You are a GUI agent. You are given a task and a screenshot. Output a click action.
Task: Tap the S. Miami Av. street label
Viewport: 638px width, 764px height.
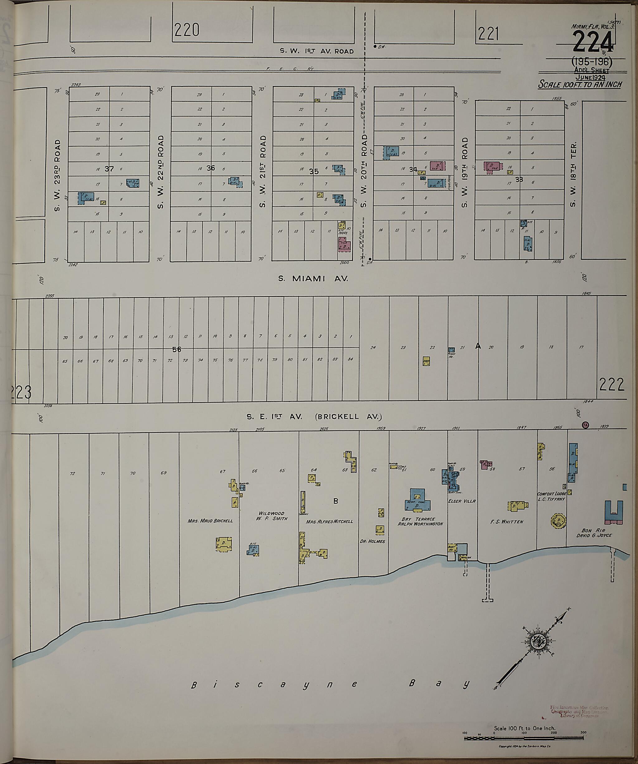313,279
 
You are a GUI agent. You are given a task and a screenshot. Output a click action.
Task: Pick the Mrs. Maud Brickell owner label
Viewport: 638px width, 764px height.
210,521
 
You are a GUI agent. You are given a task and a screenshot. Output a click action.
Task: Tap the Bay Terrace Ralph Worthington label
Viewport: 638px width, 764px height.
420,521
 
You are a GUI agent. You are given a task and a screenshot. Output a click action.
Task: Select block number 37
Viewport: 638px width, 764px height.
109,169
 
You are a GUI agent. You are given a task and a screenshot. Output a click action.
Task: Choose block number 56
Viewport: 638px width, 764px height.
177,349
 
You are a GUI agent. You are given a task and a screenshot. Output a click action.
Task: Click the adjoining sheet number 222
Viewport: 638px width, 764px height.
612,384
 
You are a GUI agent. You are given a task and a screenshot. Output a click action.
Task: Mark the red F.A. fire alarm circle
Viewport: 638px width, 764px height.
585,425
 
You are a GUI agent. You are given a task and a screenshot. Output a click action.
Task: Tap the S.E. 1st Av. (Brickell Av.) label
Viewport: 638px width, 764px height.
314,417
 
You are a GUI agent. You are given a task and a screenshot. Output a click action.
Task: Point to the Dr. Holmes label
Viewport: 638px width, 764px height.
372,541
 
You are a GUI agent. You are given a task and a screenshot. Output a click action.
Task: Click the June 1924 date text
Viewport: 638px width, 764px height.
590,77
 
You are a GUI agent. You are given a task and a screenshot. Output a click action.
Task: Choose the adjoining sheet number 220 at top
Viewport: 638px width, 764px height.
187,30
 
